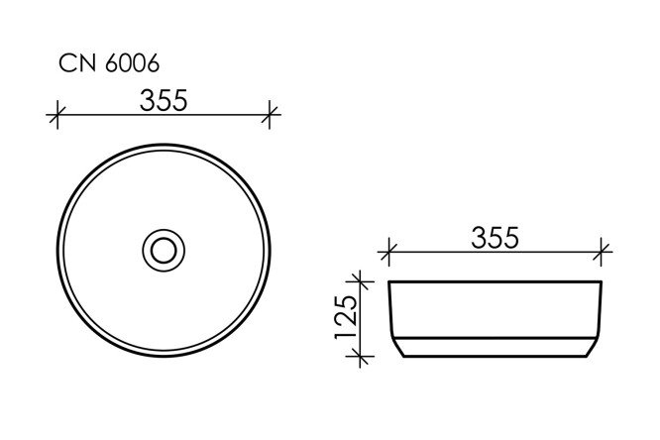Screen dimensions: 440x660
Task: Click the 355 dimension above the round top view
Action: point(163,101)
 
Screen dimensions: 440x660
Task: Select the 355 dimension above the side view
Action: point(495,238)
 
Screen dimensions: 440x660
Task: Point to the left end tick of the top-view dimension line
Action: point(57,116)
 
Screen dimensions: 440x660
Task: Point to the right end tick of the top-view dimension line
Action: point(270,116)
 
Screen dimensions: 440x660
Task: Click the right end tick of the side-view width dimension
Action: point(602,252)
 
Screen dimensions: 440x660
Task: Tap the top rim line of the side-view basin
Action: point(495,282)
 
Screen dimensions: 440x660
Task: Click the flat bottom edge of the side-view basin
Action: point(495,356)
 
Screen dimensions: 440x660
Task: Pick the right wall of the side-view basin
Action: point(599,312)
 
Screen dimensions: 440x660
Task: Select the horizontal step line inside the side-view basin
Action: point(495,335)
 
